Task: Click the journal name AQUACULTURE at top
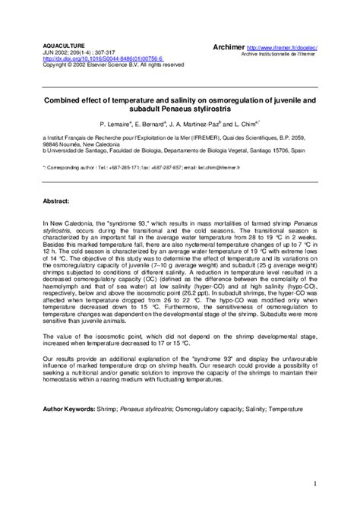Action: [62, 46]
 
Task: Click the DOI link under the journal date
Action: [93, 58]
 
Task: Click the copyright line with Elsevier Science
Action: [114, 65]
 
